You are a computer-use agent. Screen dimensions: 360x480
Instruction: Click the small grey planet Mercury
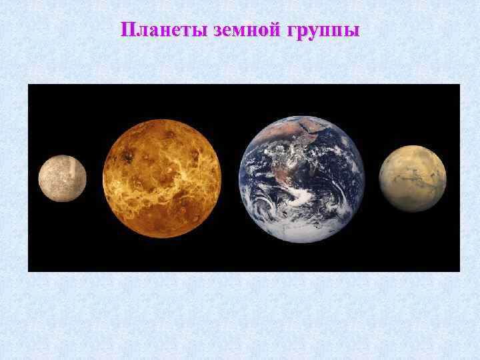(x=62, y=178)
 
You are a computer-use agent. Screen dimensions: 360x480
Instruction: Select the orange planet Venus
(x=162, y=178)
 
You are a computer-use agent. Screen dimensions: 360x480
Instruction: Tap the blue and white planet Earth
(x=301, y=178)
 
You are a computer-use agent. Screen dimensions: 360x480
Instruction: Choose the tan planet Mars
(x=413, y=178)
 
